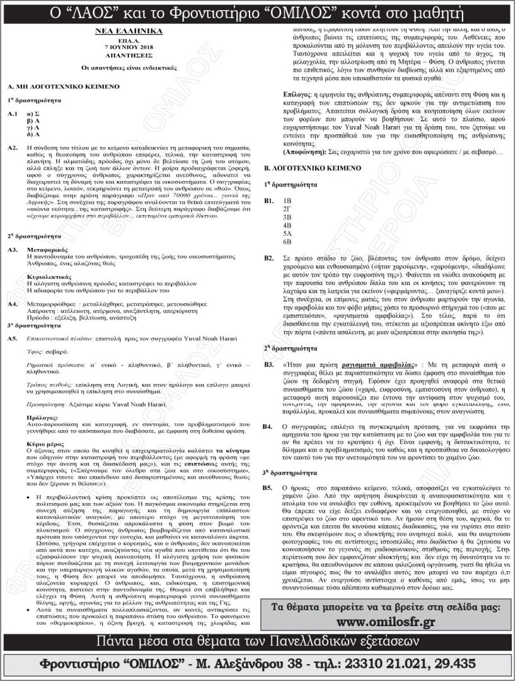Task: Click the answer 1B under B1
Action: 287,200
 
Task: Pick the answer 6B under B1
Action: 287,242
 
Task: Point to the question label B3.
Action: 268,365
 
